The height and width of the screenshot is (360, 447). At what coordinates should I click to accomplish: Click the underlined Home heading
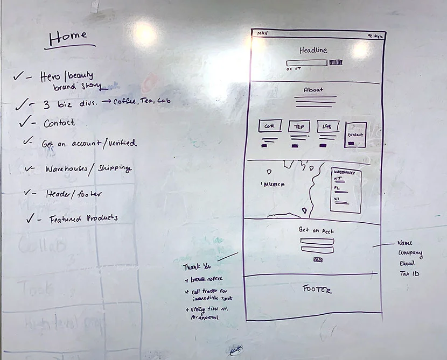[68, 38]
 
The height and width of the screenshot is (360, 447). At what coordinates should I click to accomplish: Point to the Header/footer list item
[73, 194]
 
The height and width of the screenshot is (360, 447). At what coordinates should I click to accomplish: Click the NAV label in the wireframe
[262, 33]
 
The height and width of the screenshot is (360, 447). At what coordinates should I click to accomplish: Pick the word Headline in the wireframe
[313, 50]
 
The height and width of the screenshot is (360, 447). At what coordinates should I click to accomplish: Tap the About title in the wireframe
[313, 89]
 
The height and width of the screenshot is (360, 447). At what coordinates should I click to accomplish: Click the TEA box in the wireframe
[298, 126]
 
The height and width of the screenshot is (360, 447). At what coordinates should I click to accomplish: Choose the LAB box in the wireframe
[327, 126]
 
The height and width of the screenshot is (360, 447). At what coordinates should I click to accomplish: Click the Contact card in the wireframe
[355, 135]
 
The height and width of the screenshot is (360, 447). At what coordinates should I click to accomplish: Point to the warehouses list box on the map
[346, 189]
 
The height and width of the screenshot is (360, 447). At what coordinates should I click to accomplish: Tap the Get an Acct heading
[316, 230]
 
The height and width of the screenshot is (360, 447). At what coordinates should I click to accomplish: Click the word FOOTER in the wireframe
[317, 290]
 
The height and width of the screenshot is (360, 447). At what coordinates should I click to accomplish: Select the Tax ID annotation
[409, 274]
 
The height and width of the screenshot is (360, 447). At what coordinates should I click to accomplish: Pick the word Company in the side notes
[410, 253]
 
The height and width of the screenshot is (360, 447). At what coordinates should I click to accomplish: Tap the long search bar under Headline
[306, 63]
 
